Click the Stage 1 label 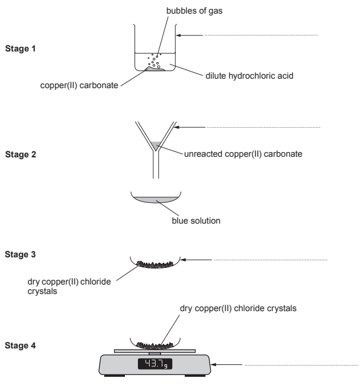coord(20,49)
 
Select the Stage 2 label coord(20,156)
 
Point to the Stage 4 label coord(20,343)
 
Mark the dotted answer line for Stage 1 coord(261,35)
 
